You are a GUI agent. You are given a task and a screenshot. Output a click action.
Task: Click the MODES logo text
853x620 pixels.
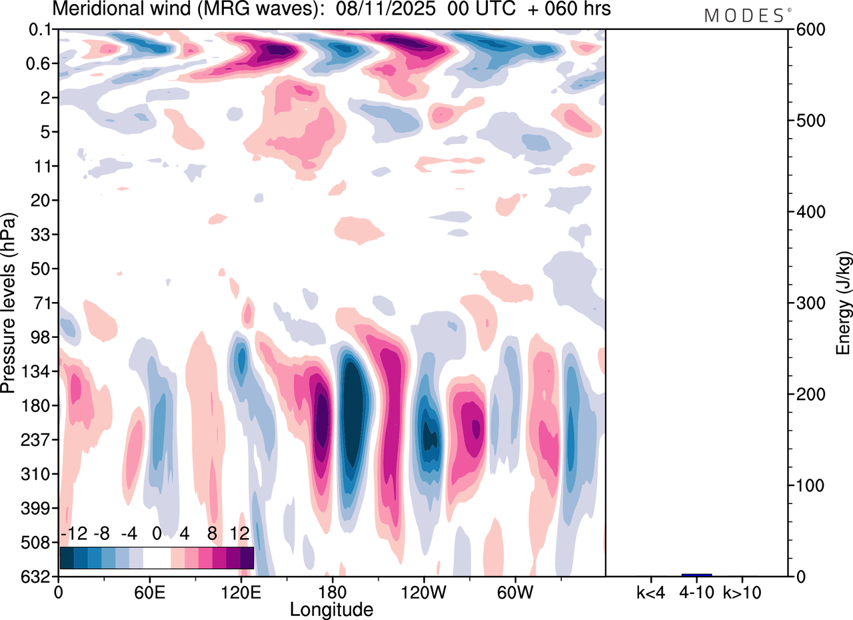click(744, 15)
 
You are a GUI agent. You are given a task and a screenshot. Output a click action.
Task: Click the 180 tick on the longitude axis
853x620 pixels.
click(331, 591)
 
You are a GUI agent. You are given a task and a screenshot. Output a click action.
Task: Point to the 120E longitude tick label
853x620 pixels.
click(240, 591)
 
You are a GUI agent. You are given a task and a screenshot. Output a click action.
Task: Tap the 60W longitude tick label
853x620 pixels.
click(514, 591)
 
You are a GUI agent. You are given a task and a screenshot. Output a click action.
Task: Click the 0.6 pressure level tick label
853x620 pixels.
click(41, 64)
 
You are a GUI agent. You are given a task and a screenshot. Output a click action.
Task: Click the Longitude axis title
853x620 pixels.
click(331, 609)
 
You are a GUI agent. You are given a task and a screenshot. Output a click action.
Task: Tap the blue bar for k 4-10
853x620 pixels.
click(697, 575)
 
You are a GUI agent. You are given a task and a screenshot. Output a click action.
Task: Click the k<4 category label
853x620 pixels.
click(651, 591)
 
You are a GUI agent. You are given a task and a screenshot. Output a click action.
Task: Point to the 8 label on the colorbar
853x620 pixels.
click(212, 533)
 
